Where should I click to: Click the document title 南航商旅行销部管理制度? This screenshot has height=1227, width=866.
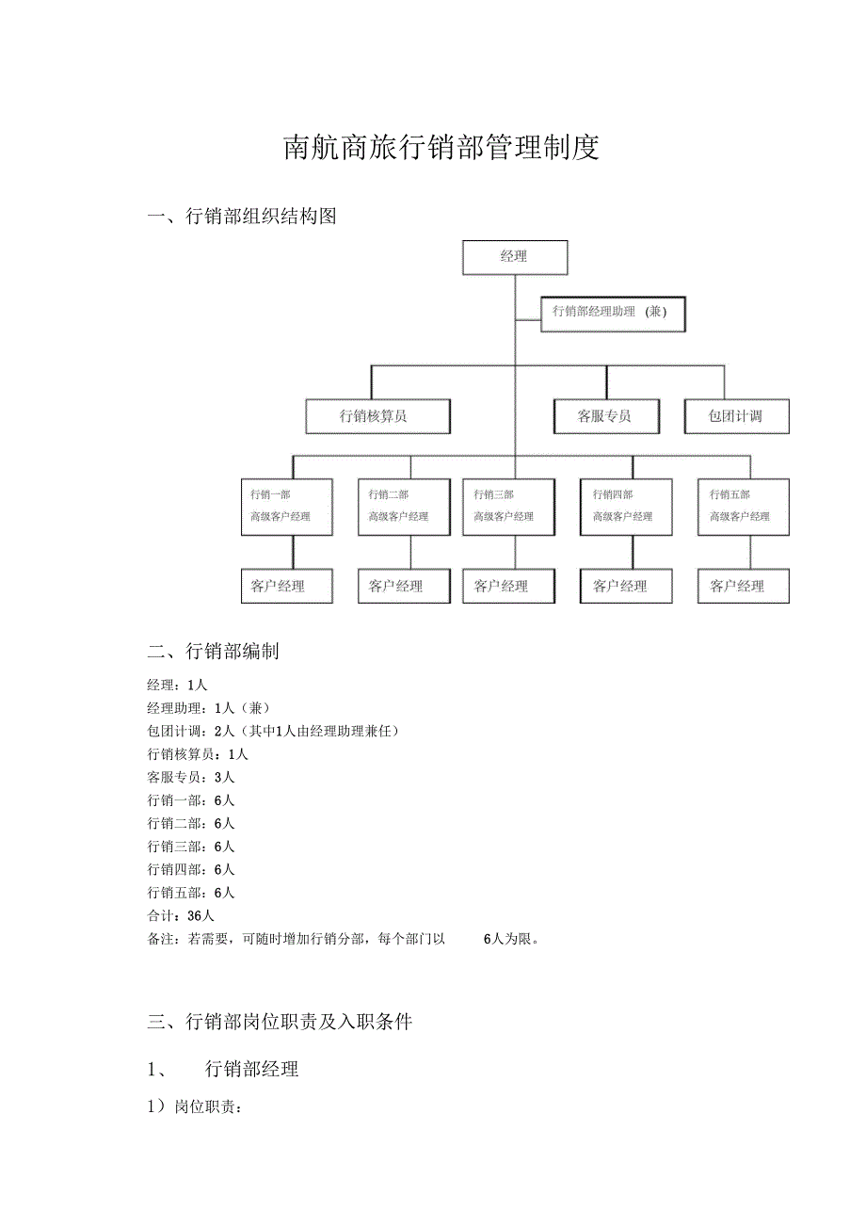tap(441, 148)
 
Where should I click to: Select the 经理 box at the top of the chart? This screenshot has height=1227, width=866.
tap(515, 257)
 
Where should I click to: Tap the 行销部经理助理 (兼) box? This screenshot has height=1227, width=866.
tap(613, 314)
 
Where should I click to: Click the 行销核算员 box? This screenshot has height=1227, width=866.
tap(377, 416)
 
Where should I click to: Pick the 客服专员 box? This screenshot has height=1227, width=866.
tap(605, 416)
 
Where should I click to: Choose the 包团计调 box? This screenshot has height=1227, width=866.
tap(736, 416)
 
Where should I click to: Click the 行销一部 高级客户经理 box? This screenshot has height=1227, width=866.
tap(286, 507)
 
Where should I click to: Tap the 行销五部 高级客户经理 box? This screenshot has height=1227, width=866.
tap(743, 507)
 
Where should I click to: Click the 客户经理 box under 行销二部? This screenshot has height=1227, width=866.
tap(397, 586)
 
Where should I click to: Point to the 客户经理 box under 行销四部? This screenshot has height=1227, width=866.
tap(625, 586)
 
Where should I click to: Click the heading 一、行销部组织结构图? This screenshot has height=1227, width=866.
tap(242, 217)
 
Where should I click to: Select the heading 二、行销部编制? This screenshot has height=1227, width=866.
tap(213, 652)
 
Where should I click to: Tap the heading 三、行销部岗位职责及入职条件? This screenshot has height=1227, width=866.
tap(280, 1022)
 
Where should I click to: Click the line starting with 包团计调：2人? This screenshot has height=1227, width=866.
tap(273, 732)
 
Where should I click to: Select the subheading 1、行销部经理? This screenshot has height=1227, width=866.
tap(223, 1069)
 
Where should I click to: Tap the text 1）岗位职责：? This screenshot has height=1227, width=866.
tap(195, 1107)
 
